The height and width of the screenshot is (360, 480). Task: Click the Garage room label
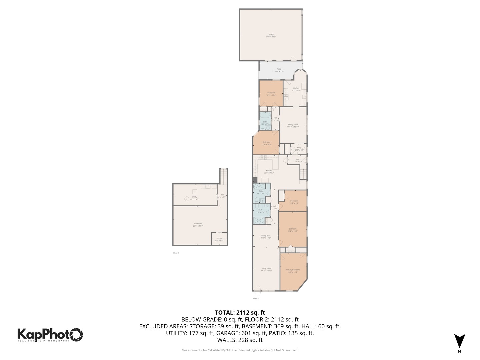point(271,35)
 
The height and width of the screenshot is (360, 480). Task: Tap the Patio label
point(279,70)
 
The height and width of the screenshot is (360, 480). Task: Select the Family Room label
point(293,126)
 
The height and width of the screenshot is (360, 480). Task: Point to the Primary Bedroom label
point(292,271)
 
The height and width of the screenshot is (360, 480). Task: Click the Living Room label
point(266,269)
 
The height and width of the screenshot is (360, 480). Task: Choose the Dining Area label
point(266,237)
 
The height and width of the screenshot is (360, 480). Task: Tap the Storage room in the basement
point(219,239)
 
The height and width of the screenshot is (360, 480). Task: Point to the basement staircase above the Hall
point(224,176)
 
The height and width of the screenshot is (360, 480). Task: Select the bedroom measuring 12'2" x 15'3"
point(293,230)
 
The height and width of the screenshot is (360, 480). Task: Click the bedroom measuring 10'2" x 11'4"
point(271,94)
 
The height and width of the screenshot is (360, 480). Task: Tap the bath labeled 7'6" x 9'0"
point(260,211)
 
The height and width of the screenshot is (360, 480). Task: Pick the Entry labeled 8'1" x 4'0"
point(298,160)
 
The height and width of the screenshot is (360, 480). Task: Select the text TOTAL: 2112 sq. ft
point(240,313)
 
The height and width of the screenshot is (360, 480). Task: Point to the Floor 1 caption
point(176,253)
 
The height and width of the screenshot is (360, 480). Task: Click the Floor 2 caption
point(256,298)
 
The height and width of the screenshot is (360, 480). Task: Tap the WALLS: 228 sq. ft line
point(240,340)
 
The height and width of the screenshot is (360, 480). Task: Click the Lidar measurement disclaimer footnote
point(240,350)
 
